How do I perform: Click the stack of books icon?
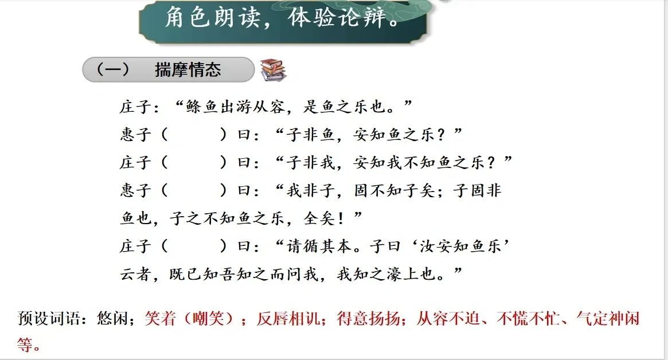pyautogui.click(x=273, y=70)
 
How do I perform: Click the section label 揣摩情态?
pyautogui.click(x=188, y=69)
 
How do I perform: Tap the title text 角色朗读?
pyautogui.click(x=212, y=17)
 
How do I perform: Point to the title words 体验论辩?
pyautogui.click(x=337, y=17)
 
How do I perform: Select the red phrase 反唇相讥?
pyautogui.click(x=288, y=318)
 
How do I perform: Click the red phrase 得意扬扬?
pyautogui.click(x=369, y=318)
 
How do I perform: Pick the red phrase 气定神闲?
pyautogui.click(x=608, y=318)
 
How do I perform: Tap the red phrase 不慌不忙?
pyautogui.click(x=528, y=318)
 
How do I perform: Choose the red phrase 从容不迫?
pyautogui.click(x=448, y=318)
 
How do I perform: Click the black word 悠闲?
pyautogui.click(x=112, y=318)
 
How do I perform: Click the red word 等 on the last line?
pyautogui.click(x=25, y=345)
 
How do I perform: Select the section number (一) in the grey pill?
pyautogui.click(x=112, y=69)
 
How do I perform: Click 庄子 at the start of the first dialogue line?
pyautogui.click(x=135, y=107)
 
